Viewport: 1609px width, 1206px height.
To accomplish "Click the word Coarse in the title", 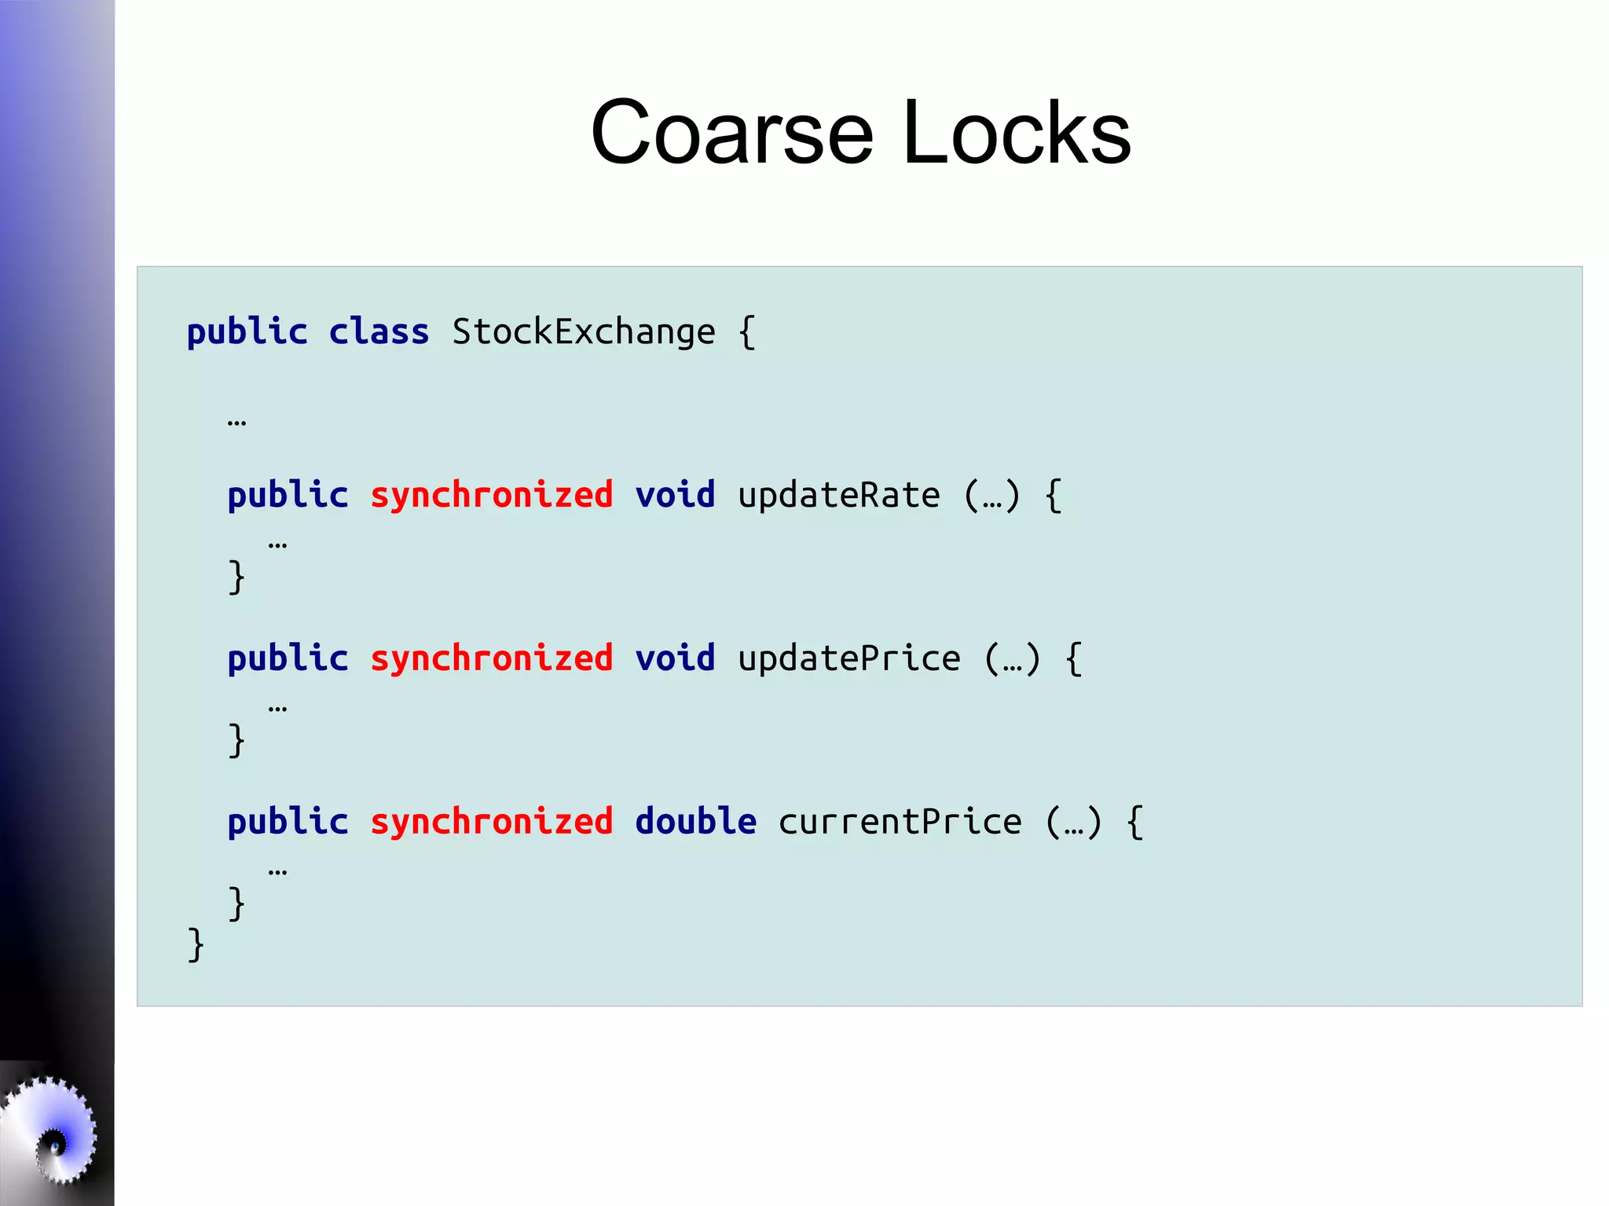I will click(731, 133).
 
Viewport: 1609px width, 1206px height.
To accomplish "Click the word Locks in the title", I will click(1017, 133).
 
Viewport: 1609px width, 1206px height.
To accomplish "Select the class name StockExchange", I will click(583, 332).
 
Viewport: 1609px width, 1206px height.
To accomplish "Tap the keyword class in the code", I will click(379, 332).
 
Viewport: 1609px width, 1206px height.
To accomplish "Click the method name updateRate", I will click(838, 495).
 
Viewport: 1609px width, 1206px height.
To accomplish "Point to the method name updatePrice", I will click(848, 658).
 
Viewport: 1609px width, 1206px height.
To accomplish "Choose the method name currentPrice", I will click(900, 822).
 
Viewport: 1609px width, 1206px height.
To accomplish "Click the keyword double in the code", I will click(695, 821).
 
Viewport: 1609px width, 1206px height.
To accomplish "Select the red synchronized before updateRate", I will click(491, 495).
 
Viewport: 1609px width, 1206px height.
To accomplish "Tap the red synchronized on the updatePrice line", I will click(491, 658).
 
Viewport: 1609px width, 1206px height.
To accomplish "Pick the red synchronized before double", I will click(491, 822).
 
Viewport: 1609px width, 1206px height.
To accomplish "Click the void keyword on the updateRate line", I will click(675, 495).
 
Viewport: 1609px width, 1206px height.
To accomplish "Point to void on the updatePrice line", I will click(675, 658).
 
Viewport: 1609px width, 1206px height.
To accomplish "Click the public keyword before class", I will click(247, 332).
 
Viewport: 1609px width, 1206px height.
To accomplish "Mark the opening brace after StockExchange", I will click(747, 332).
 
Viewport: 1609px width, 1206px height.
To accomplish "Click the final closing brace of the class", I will click(196, 944).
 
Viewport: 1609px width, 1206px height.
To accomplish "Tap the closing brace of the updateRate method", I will click(236, 577).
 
